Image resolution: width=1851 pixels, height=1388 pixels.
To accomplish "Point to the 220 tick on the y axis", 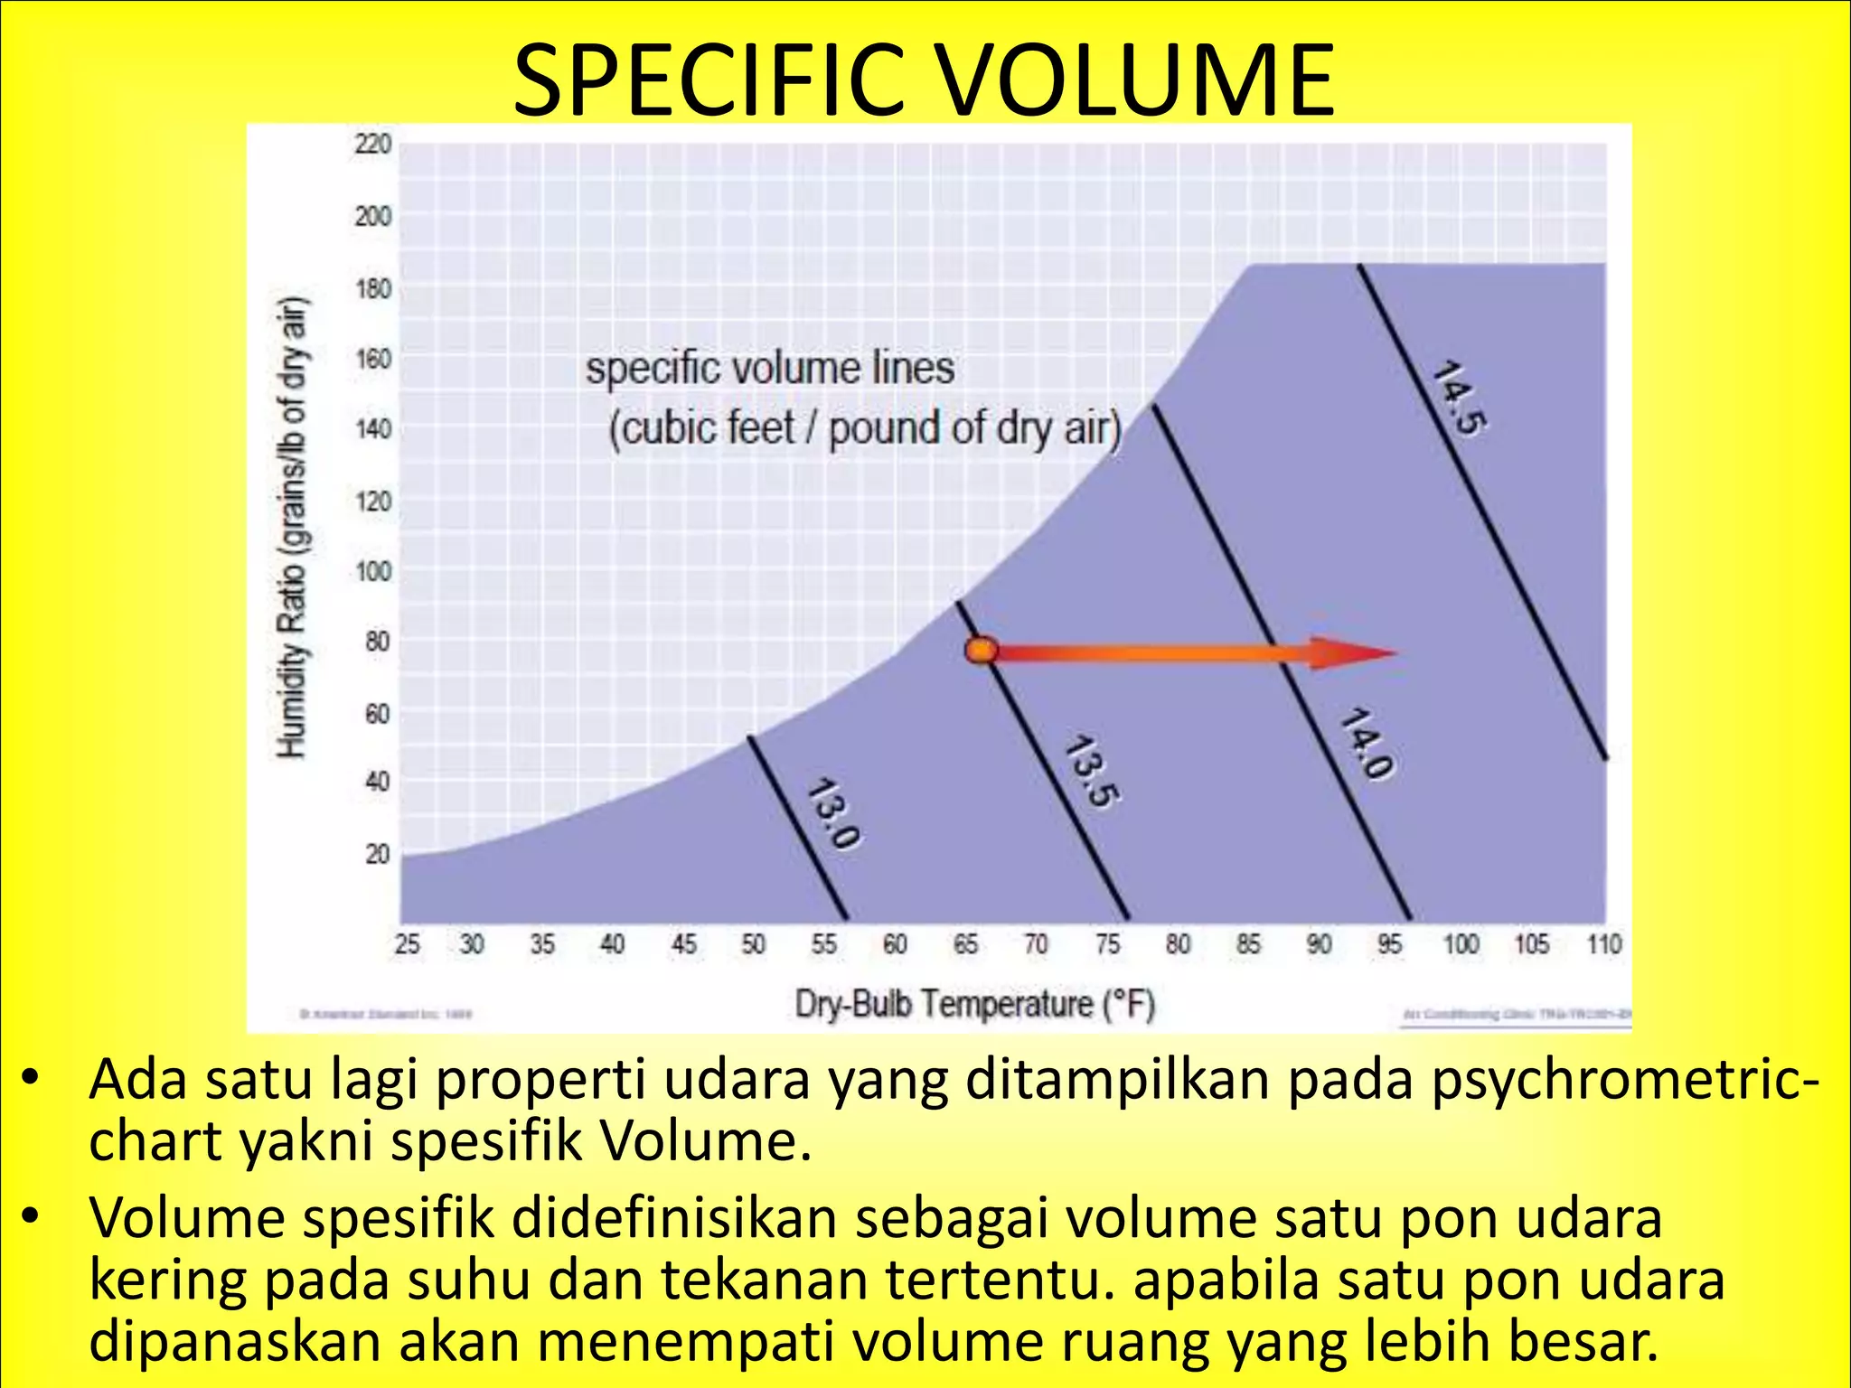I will tap(372, 144).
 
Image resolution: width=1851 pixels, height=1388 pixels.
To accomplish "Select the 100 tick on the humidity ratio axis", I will tap(372, 571).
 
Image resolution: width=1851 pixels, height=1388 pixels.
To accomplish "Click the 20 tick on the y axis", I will tap(377, 854).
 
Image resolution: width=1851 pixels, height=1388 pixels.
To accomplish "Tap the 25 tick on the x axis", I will tap(408, 944).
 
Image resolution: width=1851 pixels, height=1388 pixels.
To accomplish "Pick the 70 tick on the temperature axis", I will tap(1036, 944).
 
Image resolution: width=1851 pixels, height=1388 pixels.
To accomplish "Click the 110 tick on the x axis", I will tap(1604, 944).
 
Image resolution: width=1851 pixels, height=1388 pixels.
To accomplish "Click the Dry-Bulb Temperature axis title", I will tap(974, 1004).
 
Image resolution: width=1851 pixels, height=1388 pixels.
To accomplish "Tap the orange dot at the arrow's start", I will tap(981, 651).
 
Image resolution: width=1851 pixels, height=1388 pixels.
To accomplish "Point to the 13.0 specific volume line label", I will tap(832, 813).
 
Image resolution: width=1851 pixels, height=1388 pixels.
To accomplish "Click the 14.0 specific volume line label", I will tap(1366, 745).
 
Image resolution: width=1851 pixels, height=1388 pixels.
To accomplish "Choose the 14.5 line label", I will tap(1459, 398).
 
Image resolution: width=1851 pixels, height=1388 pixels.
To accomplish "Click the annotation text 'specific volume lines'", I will tap(769, 369).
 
